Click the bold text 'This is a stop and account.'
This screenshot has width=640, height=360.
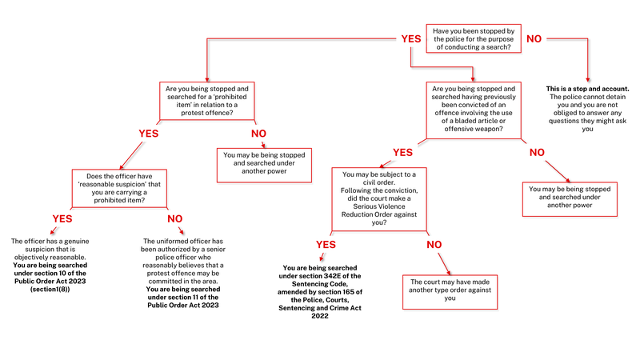coord(587,88)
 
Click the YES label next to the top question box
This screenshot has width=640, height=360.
coord(411,38)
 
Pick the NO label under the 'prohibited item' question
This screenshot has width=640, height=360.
coord(258,134)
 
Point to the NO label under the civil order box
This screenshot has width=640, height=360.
coord(434,244)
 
